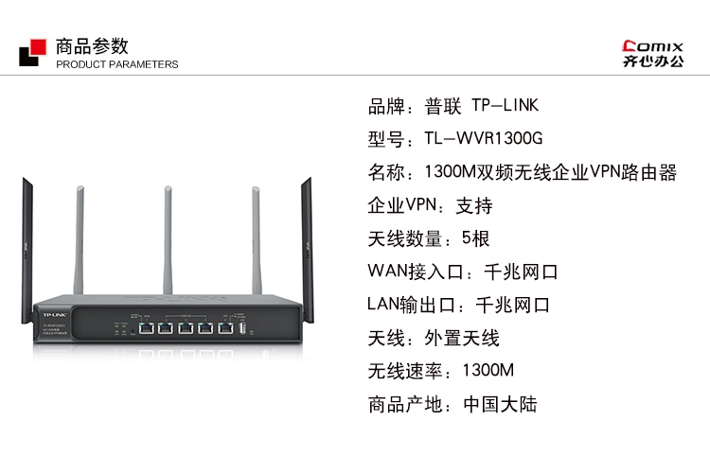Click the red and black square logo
click(x=30, y=52)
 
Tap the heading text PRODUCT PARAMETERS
click(x=116, y=64)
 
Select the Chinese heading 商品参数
click(x=92, y=44)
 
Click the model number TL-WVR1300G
click(x=483, y=139)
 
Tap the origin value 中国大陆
click(x=500, y=404)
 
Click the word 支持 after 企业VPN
click(x=474, y=205)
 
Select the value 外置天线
click(x=462, y=338)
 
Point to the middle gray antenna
click(x=166, y=237)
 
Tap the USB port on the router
click(x=242, y=328)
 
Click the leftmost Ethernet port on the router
click(x=147, y=328)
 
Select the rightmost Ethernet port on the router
click(x=224, y=328)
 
